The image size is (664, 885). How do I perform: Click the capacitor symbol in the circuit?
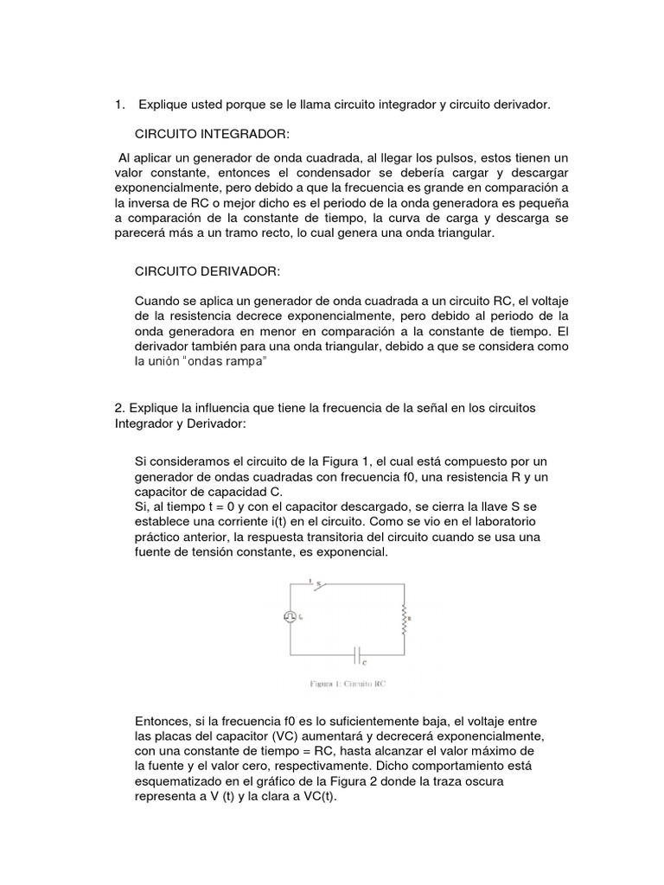pos(357,654)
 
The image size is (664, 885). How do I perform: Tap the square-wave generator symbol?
pos(289,616)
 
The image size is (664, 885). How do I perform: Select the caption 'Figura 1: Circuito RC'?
pos(348,683)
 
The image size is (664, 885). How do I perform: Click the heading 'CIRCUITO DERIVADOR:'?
pos(207,271)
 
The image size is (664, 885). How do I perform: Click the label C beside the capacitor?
pos(364,664)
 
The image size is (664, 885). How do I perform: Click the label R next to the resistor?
pos(410,619)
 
